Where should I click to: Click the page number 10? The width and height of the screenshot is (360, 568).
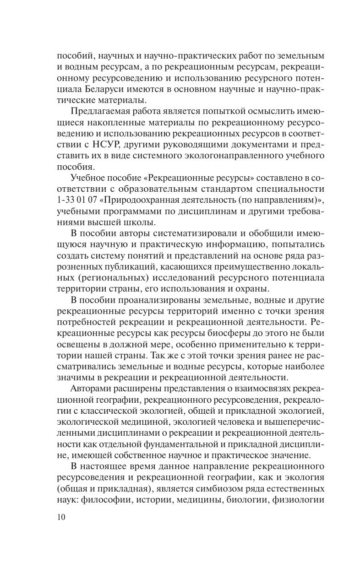(62, 518)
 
